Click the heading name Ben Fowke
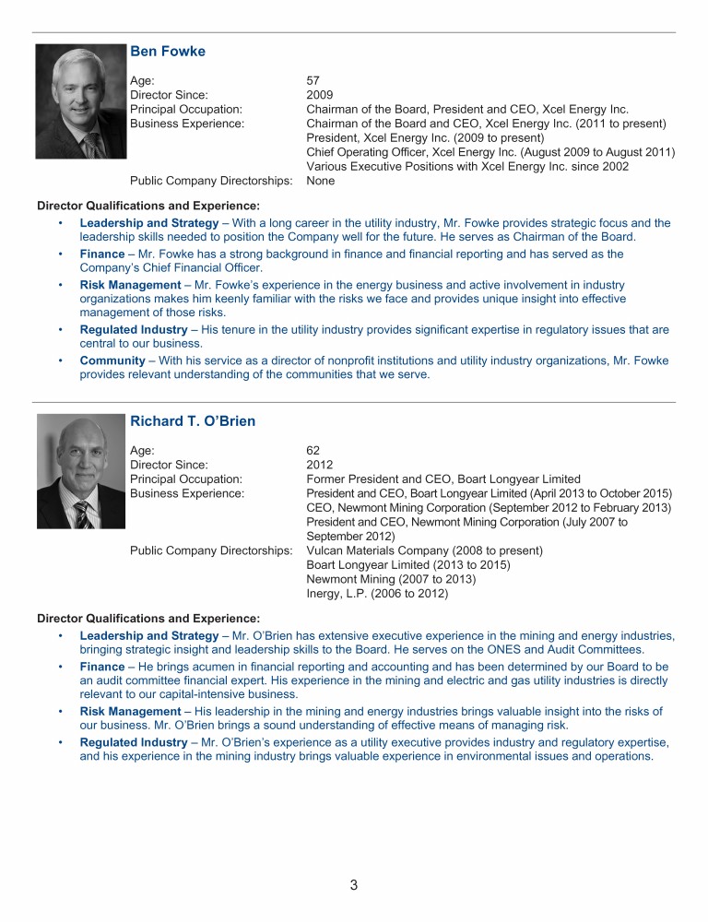(168, 52)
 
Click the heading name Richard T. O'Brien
(193, 421)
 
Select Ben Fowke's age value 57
(313, 81)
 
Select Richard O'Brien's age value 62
(313, 451)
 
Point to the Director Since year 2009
(319, 95)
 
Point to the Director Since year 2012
(319, 465)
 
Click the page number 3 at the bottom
(354, 886)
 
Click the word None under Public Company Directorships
(320, 181)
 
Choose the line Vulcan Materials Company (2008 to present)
(424, 550)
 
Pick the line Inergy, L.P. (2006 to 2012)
(377, 594)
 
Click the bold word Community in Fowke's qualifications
(112, 361)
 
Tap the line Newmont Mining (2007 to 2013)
(391, 579)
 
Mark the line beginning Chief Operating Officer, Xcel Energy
(490, 152)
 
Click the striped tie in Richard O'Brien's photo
(82, 513)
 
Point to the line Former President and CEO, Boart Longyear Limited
(443, 479)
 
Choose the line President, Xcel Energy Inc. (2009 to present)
(425, 138)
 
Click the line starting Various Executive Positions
(467, 167)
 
